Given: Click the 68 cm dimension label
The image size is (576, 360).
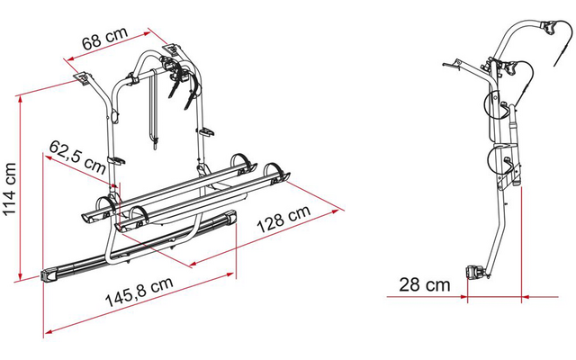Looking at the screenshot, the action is [x=104, y=39].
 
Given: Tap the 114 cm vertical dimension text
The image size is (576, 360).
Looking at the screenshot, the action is [x=10, y=188].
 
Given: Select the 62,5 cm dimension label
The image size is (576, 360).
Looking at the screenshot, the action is [x=77, y=157].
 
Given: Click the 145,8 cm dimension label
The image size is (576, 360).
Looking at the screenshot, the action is [x=139, y=292].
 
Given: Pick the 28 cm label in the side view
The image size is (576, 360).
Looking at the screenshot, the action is [x=424, y=284].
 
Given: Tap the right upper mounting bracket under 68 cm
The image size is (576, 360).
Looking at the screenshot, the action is [x=172, y=49].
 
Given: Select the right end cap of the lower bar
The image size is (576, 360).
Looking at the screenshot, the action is [x=231, y=218].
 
